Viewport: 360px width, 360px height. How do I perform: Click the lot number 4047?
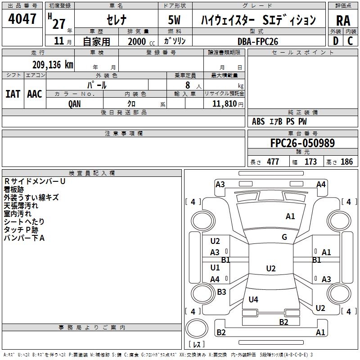(22, 19)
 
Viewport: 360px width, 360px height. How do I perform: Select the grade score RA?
(343, 21)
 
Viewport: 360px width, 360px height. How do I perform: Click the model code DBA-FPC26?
(258, 41)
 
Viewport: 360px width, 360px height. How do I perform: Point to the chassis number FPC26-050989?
(302, 144)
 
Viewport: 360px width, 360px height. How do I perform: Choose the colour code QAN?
(75, 103)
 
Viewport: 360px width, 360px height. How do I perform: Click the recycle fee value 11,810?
(225, 103)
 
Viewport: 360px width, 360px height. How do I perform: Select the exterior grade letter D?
(335, 41)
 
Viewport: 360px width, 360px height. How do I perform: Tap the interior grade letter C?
(350, 41)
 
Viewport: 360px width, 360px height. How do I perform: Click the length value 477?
(273, 162)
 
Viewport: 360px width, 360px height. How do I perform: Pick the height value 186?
(346, 162)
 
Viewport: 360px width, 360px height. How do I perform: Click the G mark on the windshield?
(284, 237)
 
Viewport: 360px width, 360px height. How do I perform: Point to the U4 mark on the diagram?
(253, 300)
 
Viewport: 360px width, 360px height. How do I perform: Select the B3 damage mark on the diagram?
(221, 292)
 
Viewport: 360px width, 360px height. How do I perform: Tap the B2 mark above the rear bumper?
(283, 322)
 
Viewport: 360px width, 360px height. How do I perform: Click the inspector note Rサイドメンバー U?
(35, 181)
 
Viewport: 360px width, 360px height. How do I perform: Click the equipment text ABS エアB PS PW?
(280, 121)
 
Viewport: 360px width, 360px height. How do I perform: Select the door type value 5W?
(175, 20)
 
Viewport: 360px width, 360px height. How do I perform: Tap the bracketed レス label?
(197, 345)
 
